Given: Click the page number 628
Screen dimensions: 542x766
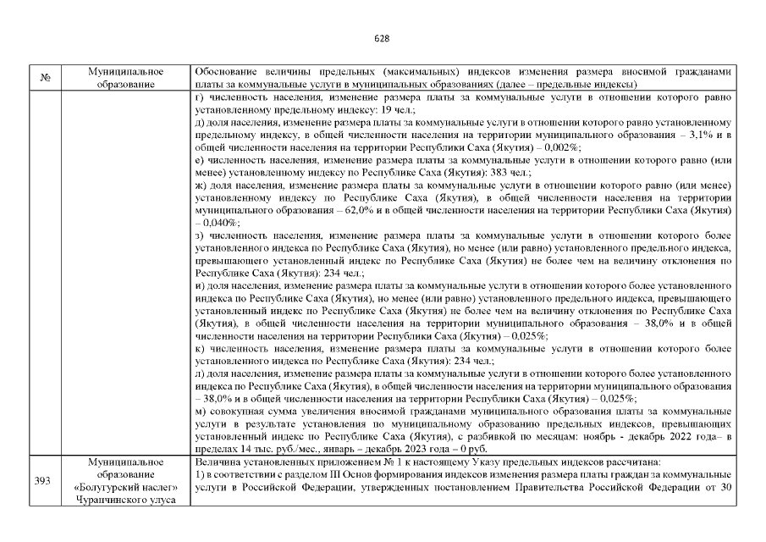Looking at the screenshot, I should click(x=382, y=39).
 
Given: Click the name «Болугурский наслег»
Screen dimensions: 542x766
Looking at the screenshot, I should click(x=125, y=487).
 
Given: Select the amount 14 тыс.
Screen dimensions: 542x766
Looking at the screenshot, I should click(x=256, y=448).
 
